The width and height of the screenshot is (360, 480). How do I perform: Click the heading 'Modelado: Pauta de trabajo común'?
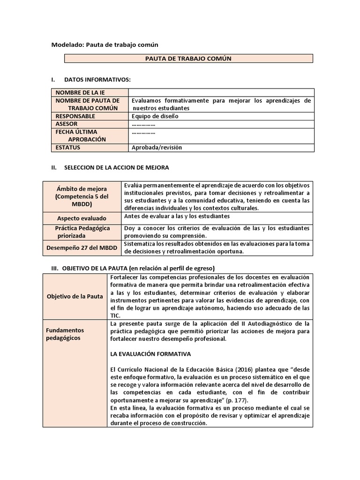[105, 45]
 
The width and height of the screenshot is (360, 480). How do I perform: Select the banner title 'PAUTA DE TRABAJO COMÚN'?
[188, 59]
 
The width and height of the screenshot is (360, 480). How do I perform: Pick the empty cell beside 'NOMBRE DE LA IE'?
[221, 93]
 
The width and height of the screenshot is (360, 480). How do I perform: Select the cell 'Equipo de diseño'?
[155, 116]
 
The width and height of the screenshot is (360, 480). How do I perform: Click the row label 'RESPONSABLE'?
[75, 116]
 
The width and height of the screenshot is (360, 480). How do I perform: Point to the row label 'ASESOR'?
[67, 124]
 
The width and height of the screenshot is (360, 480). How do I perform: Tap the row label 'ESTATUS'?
[68, 148]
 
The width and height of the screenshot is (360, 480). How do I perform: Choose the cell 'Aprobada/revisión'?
[157, 148]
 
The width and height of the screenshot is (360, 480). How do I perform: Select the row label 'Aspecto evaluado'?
[82, 218]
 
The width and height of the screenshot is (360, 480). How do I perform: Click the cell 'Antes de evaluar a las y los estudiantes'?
[177, 216]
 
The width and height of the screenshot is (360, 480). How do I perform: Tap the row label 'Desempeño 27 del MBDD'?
[82, 247]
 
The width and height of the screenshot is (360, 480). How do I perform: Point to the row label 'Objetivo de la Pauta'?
[75, 297]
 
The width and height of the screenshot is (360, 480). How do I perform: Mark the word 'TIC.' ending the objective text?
[115, 315]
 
